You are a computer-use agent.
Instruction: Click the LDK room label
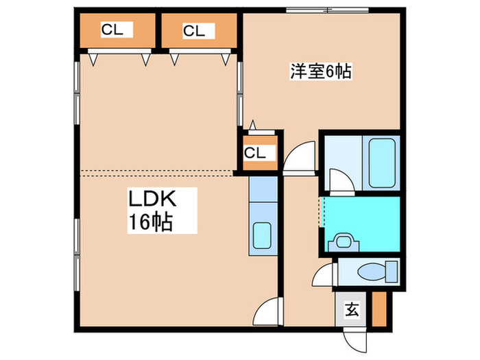pos(152,198)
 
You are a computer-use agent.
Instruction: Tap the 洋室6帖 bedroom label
pos(320,71)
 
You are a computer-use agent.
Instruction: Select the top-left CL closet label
pos(112,29)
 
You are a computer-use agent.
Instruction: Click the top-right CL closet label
pos(194,31)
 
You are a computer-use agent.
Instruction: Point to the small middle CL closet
pos(260,152)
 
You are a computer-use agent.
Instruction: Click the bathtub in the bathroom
pos(381,163)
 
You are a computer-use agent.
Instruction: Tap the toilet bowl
pos(372,272)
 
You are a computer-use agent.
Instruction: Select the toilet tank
pos(392,272)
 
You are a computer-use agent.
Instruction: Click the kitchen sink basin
pos(262,235)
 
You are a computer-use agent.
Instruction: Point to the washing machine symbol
pos(344,242)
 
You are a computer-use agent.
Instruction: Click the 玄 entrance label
pos(352,309)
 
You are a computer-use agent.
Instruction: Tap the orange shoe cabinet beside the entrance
pos(379,309)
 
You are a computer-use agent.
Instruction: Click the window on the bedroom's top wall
pos(327,10)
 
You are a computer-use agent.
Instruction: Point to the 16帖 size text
pos(151,221)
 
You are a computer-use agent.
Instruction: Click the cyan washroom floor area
pos(362,224)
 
